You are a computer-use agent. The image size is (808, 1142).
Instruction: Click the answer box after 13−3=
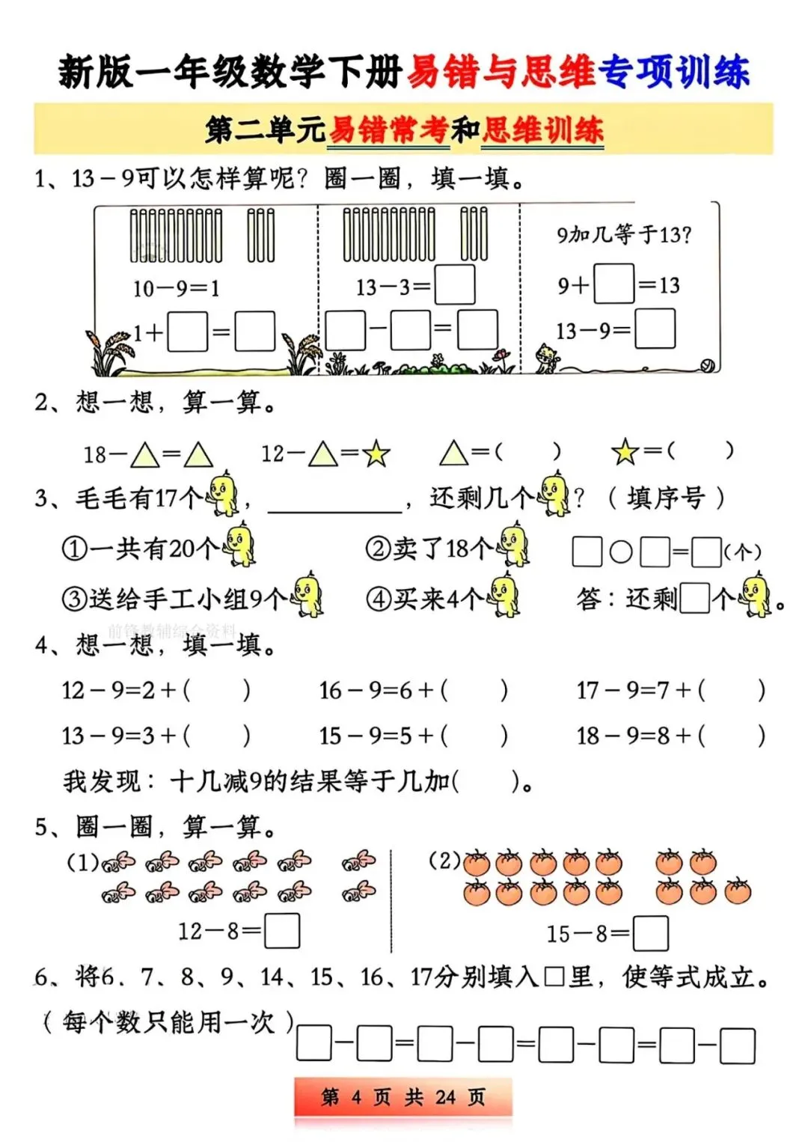pos(454,285)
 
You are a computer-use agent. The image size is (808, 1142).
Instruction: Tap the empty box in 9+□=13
pos(613,284)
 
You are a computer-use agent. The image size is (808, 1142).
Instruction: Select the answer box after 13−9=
pos(655,330)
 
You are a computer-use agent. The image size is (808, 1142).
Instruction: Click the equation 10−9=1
pos(177,288)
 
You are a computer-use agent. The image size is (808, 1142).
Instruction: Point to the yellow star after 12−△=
pos(376,454)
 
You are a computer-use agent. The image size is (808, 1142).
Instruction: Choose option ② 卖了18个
pos(447,548)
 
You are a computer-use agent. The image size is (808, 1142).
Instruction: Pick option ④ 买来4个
pos(441,598)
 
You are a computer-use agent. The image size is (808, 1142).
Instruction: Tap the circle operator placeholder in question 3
pos(621,552)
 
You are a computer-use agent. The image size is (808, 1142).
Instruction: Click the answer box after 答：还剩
pos(695,598)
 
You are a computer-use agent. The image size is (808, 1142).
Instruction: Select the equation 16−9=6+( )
pos(413,690)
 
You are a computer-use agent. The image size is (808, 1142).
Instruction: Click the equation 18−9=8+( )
pos(670,736)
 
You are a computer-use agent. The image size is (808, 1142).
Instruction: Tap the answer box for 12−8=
pos(282,932)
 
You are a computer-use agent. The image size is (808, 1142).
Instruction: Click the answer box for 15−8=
pos(650,934)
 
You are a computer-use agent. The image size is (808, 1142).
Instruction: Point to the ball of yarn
pos(706,365)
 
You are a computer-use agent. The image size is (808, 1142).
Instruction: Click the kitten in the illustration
pos(548,358)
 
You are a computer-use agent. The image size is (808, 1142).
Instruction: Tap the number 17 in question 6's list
pos(423,977)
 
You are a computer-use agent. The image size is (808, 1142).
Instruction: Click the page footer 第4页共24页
pos(403,1097)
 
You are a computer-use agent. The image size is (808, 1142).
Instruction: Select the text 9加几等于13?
pos(623,235)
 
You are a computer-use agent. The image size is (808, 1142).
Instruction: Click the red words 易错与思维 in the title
pos(501,73)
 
